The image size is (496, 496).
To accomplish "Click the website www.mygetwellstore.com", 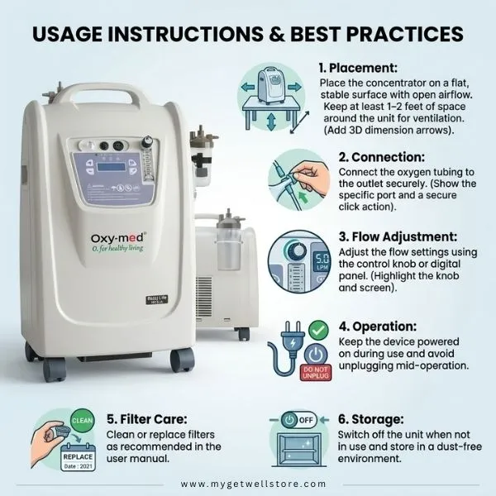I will coord(248,484).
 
